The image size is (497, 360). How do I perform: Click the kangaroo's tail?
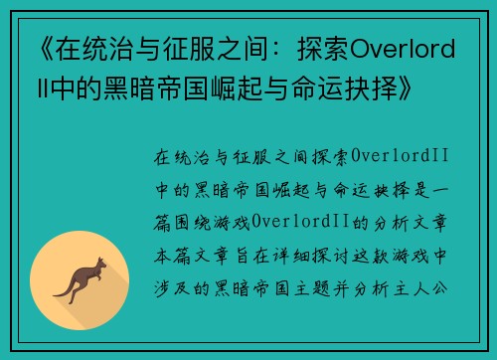pyautogui.click(x=63, y=290)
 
